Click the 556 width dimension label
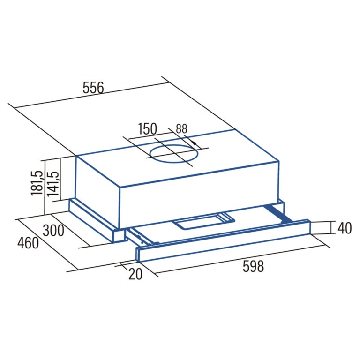(x=93, y=88)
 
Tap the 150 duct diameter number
(x=147, y=129)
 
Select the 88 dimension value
(x=181, y=129)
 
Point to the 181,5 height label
(x=37, y=183)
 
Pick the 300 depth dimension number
(x=53, y=231)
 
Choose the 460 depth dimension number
(x=28, y=243)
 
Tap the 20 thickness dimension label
(x=135, y=274)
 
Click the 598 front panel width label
(x=253, y=266)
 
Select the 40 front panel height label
(x=345, y=228)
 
